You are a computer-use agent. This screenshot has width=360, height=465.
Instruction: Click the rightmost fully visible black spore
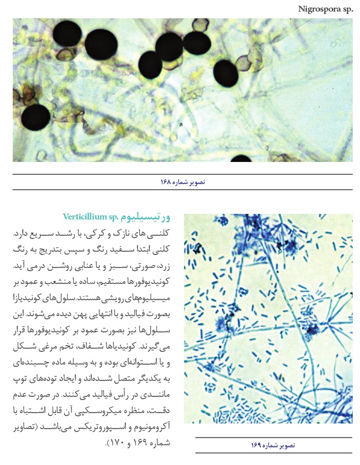(x=226, y=73)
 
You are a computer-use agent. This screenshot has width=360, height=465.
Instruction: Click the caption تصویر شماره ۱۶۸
(x=183, y=182)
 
